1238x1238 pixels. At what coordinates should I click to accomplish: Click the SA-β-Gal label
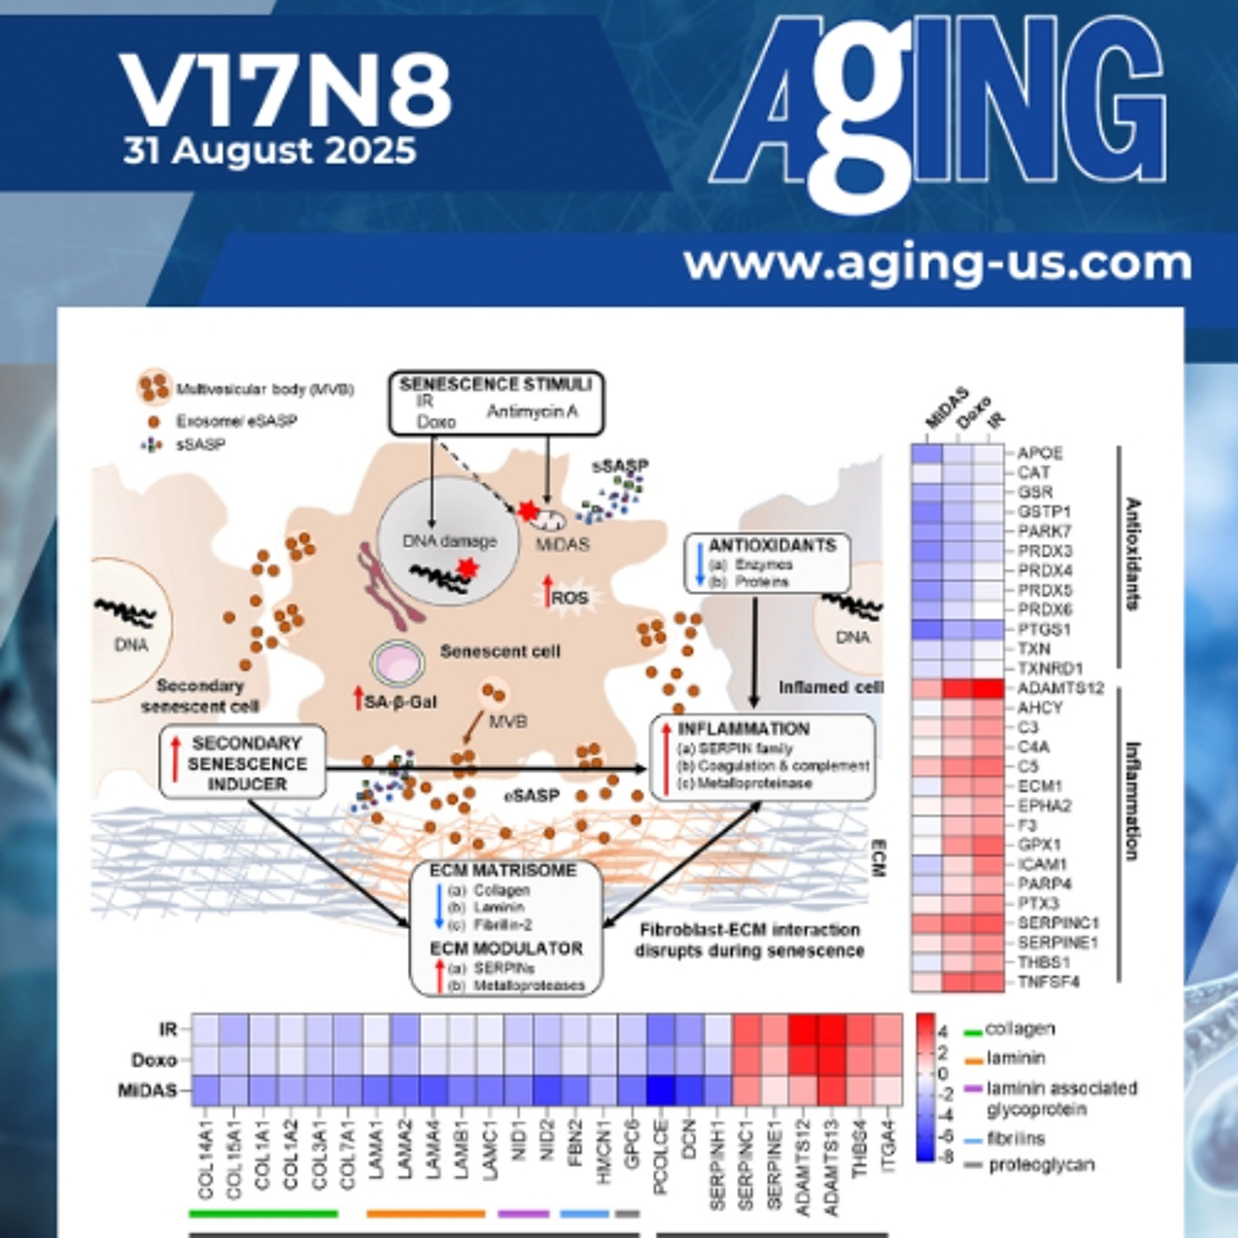[400, 702]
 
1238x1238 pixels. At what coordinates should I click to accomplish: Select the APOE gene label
[1040, 454]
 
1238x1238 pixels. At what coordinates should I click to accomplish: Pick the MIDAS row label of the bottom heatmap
[147, 1090]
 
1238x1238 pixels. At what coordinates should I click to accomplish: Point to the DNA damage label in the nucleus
[449, 541]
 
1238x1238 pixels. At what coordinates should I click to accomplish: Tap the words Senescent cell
[500, 652]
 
